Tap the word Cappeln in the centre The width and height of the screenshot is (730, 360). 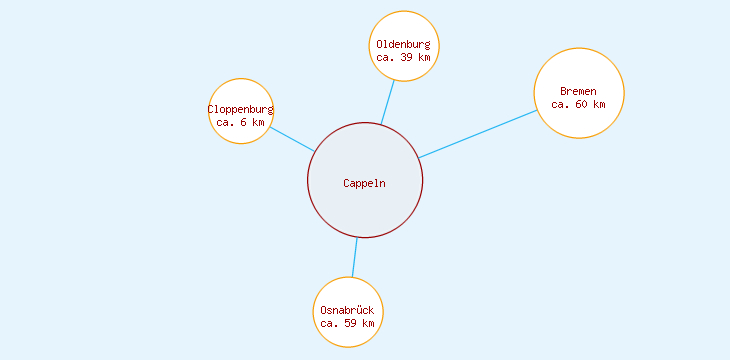point(364,182)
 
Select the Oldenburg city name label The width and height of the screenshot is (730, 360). point(404,44)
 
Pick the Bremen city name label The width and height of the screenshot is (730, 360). point(578,91)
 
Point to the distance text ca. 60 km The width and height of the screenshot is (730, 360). point(578,104)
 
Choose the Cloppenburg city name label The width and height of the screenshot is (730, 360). point(240,109)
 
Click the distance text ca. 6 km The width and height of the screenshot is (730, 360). point(240,122)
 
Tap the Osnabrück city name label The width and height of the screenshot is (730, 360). point(347,310)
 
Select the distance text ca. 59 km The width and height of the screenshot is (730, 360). point(347,323)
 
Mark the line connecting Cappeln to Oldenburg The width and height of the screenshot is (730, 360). point(387,102)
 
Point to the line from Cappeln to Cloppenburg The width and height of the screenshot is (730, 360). point(292,139)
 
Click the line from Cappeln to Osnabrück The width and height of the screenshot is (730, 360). point(354,257)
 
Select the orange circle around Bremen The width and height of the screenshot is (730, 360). point(579,49)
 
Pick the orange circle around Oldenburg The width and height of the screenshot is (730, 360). point(404,12)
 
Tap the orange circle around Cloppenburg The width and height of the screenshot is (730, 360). point(240,79)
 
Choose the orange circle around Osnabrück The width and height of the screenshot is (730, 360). point(347,277)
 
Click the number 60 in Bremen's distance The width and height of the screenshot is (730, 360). point(583,104)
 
